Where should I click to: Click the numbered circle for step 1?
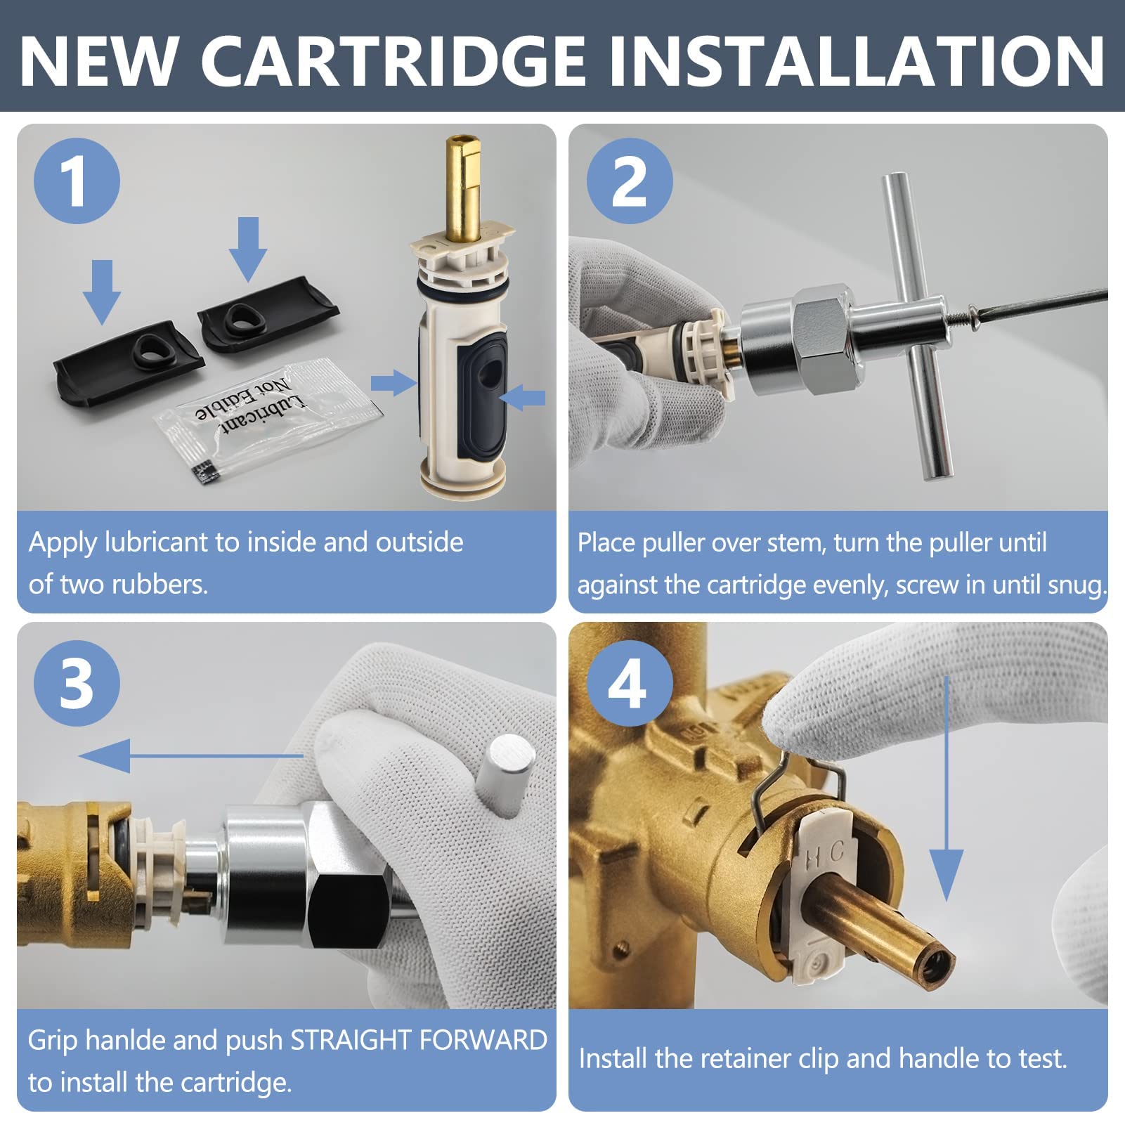pyautogui.click(x=77, y=181)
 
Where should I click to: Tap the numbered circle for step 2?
pyautogui.click(x=630, y=181)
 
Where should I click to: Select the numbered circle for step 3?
pyautogui.click(x=77, y=683)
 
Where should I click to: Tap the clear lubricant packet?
pyautogui.click(x=267, y=418)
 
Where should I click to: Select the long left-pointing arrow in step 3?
pyautogui.click(x=190, y=756)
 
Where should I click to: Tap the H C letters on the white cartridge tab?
pyautogui.click(x=824, y=855)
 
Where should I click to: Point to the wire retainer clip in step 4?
pyautogui.click(x=798, y=773)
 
